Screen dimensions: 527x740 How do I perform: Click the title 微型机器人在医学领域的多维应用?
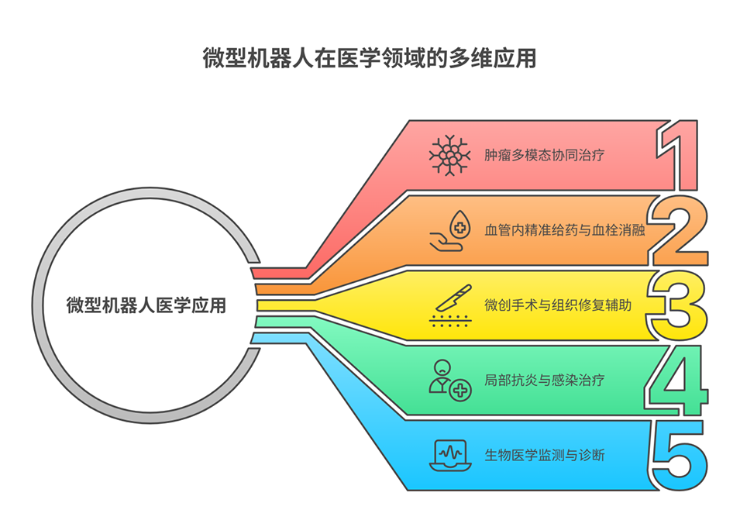(x=370, y=60)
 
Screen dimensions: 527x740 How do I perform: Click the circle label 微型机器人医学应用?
(x=146, y=305)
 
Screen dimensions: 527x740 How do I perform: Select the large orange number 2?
(x=680, y=230)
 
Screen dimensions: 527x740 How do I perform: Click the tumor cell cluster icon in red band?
(x=450, y=155)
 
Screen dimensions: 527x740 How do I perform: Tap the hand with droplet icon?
(x=450, y=231)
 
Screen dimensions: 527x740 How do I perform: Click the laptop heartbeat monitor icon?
(x=450, y=455)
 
